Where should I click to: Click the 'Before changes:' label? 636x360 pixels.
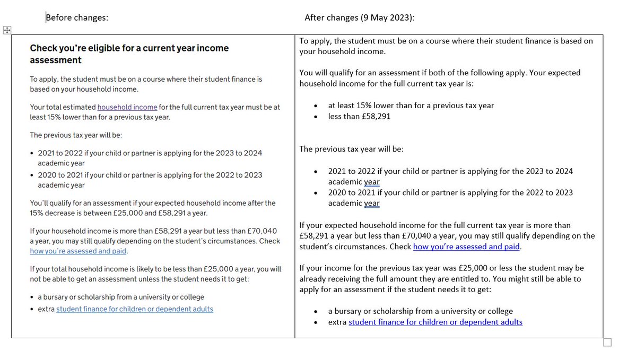(x=77, y=17)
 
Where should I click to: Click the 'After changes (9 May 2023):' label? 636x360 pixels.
(x=359, y=17)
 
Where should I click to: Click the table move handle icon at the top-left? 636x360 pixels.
(x=7, y=30)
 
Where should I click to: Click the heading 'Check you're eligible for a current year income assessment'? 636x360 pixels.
(x=129, y=54)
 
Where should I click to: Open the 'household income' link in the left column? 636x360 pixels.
(x=127, y=107)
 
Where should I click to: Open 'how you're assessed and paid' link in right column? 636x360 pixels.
(x=467, y=247)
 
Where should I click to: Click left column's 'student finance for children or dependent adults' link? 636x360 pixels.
(x=135, y=309)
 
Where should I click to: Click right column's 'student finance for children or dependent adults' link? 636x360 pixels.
(x=435, y=322)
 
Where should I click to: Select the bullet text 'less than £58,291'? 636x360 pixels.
(x=359, y=116)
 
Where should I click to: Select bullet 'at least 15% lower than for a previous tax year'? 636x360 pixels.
(x=411, y=105)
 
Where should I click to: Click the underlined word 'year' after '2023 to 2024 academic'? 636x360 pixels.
(x=372, y=182)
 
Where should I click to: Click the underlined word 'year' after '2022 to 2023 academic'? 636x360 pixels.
(x=372, y=203)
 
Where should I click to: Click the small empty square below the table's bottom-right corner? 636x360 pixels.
(x=607, y=343)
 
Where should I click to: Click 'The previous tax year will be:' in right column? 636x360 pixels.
(x=351, y=149)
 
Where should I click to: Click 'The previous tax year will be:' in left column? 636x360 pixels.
(x=76, y=135)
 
